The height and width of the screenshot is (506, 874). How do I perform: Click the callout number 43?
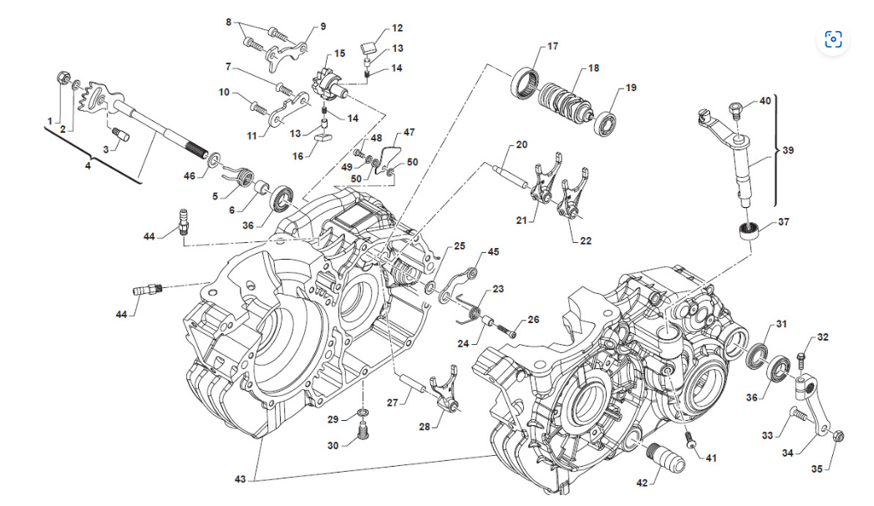[241, 479]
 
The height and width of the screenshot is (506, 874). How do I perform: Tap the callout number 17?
[552, 46]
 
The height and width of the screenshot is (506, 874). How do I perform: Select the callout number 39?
[788, 150]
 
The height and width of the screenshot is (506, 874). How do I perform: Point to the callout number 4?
[88, 165]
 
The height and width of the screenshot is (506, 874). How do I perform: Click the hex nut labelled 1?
[64, 78]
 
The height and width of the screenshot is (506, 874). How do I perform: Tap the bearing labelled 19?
[605, 123]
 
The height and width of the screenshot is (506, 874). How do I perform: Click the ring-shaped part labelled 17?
[525, 83]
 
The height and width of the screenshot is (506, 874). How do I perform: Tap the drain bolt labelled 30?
[363, 431]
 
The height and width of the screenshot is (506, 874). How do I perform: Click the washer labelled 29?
[363, 412]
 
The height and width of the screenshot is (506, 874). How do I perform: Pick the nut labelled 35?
[839, 436]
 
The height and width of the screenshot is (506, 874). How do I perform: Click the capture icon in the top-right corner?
[833, 39]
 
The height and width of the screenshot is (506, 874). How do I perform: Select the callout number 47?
[409, 133]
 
